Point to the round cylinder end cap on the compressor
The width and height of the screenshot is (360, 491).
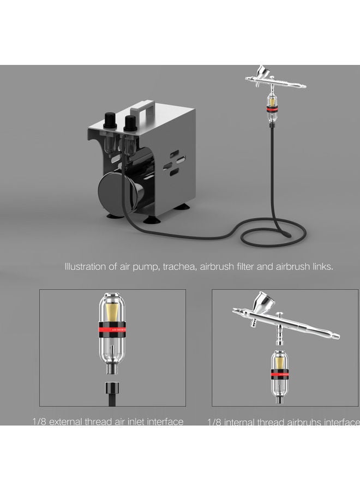pyautogui.click(x=112, y=191)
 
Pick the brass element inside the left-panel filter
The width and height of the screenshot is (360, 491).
pyautogui.click(x=112, y=314)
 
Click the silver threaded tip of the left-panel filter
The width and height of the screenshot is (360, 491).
pyautogui.click(x=112, y=370)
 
